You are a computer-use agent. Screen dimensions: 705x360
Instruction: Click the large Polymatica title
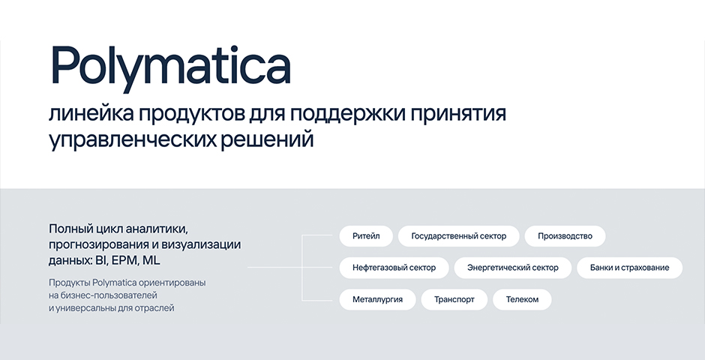[x=170, y=67]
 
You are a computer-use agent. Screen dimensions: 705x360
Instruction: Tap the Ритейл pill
[x=366, y=236]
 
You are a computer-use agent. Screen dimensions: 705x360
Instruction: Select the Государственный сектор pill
[x=458, y=236]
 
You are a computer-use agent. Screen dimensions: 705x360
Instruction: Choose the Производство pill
[x=565, y=236]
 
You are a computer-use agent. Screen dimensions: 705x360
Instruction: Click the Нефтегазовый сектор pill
[x=394, y=268]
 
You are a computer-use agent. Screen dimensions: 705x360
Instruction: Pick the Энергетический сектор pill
[x=512, y=268]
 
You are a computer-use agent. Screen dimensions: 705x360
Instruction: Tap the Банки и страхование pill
[x=629, y=268]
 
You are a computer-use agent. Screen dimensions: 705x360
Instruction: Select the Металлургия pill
[x=377, y=299]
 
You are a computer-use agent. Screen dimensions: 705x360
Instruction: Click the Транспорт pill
[x=454, y=299]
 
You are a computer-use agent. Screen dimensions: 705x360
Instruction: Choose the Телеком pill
[x=522, y=299]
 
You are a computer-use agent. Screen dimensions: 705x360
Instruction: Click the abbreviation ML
[x=151, y=261]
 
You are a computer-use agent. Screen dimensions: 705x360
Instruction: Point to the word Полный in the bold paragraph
[x=70, y=229]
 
